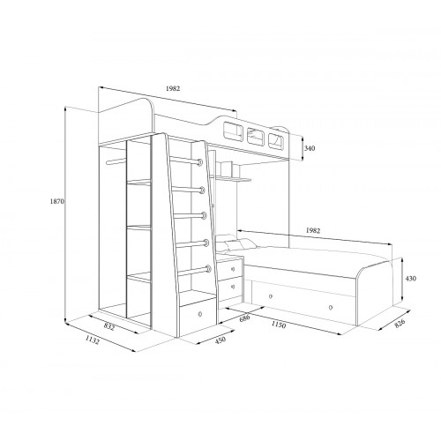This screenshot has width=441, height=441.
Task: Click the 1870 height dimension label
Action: [x=57, y=201]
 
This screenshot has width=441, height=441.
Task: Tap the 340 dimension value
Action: [x=310, y=148]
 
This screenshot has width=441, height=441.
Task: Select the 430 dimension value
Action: [x=410, y=278]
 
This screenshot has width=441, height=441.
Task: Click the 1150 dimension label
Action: [x=278, y=325]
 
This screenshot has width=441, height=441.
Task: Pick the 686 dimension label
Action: [x=244, y=318]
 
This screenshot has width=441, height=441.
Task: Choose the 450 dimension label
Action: [x=220, y=340]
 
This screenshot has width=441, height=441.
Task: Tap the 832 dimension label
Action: [x=109, y=326]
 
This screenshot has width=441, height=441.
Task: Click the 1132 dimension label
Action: [x=93, y=340]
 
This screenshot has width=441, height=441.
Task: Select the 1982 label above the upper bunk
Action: [x=173, y=88]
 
